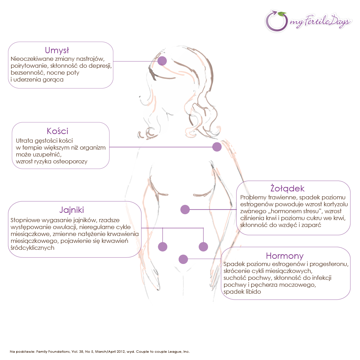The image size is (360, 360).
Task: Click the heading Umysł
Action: (x=57, y=50)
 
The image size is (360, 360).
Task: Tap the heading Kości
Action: (x=57, y=131)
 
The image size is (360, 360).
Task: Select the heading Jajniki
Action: (x=72, y=210)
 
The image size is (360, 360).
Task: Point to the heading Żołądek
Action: (x=287, y=188)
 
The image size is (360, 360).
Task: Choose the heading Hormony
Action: (x=285, y=256)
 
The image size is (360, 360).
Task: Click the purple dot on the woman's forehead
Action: (x=162, y=61)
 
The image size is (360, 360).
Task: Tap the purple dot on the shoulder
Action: (x=217, y=147)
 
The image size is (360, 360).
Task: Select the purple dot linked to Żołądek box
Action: (x=185, y=209)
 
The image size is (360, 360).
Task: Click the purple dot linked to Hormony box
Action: (x=183, y=259)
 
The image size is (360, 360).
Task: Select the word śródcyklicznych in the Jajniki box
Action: (x=32, y=248)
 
